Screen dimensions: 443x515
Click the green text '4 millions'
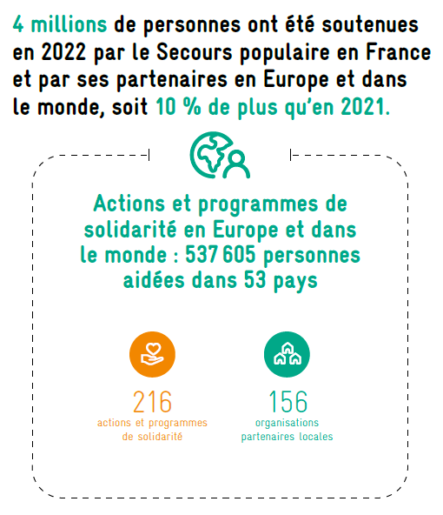[60, 24]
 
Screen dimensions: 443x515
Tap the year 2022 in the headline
[63, 52]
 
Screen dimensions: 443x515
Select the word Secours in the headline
[194, 52]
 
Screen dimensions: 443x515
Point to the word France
[398, 52]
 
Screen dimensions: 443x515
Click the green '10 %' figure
[178, 107]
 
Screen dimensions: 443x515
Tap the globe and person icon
[220, 155]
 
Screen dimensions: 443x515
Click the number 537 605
[220, 255]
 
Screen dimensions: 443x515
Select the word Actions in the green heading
[129, 204]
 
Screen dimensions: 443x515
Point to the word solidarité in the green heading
[130, 230]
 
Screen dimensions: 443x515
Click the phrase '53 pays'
[281, 281]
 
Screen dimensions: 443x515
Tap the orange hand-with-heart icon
[153, 354]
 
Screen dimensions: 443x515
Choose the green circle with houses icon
[287, 354]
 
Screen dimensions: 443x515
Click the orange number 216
[153, 402]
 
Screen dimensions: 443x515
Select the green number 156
[288, 402]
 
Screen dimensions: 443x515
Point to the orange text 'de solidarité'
[152, 437]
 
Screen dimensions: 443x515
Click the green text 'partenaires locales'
[287, 437]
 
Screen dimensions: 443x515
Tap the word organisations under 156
[287, 423]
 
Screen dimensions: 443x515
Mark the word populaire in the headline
[285, 53]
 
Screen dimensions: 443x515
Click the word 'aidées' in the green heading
[154, 280]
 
